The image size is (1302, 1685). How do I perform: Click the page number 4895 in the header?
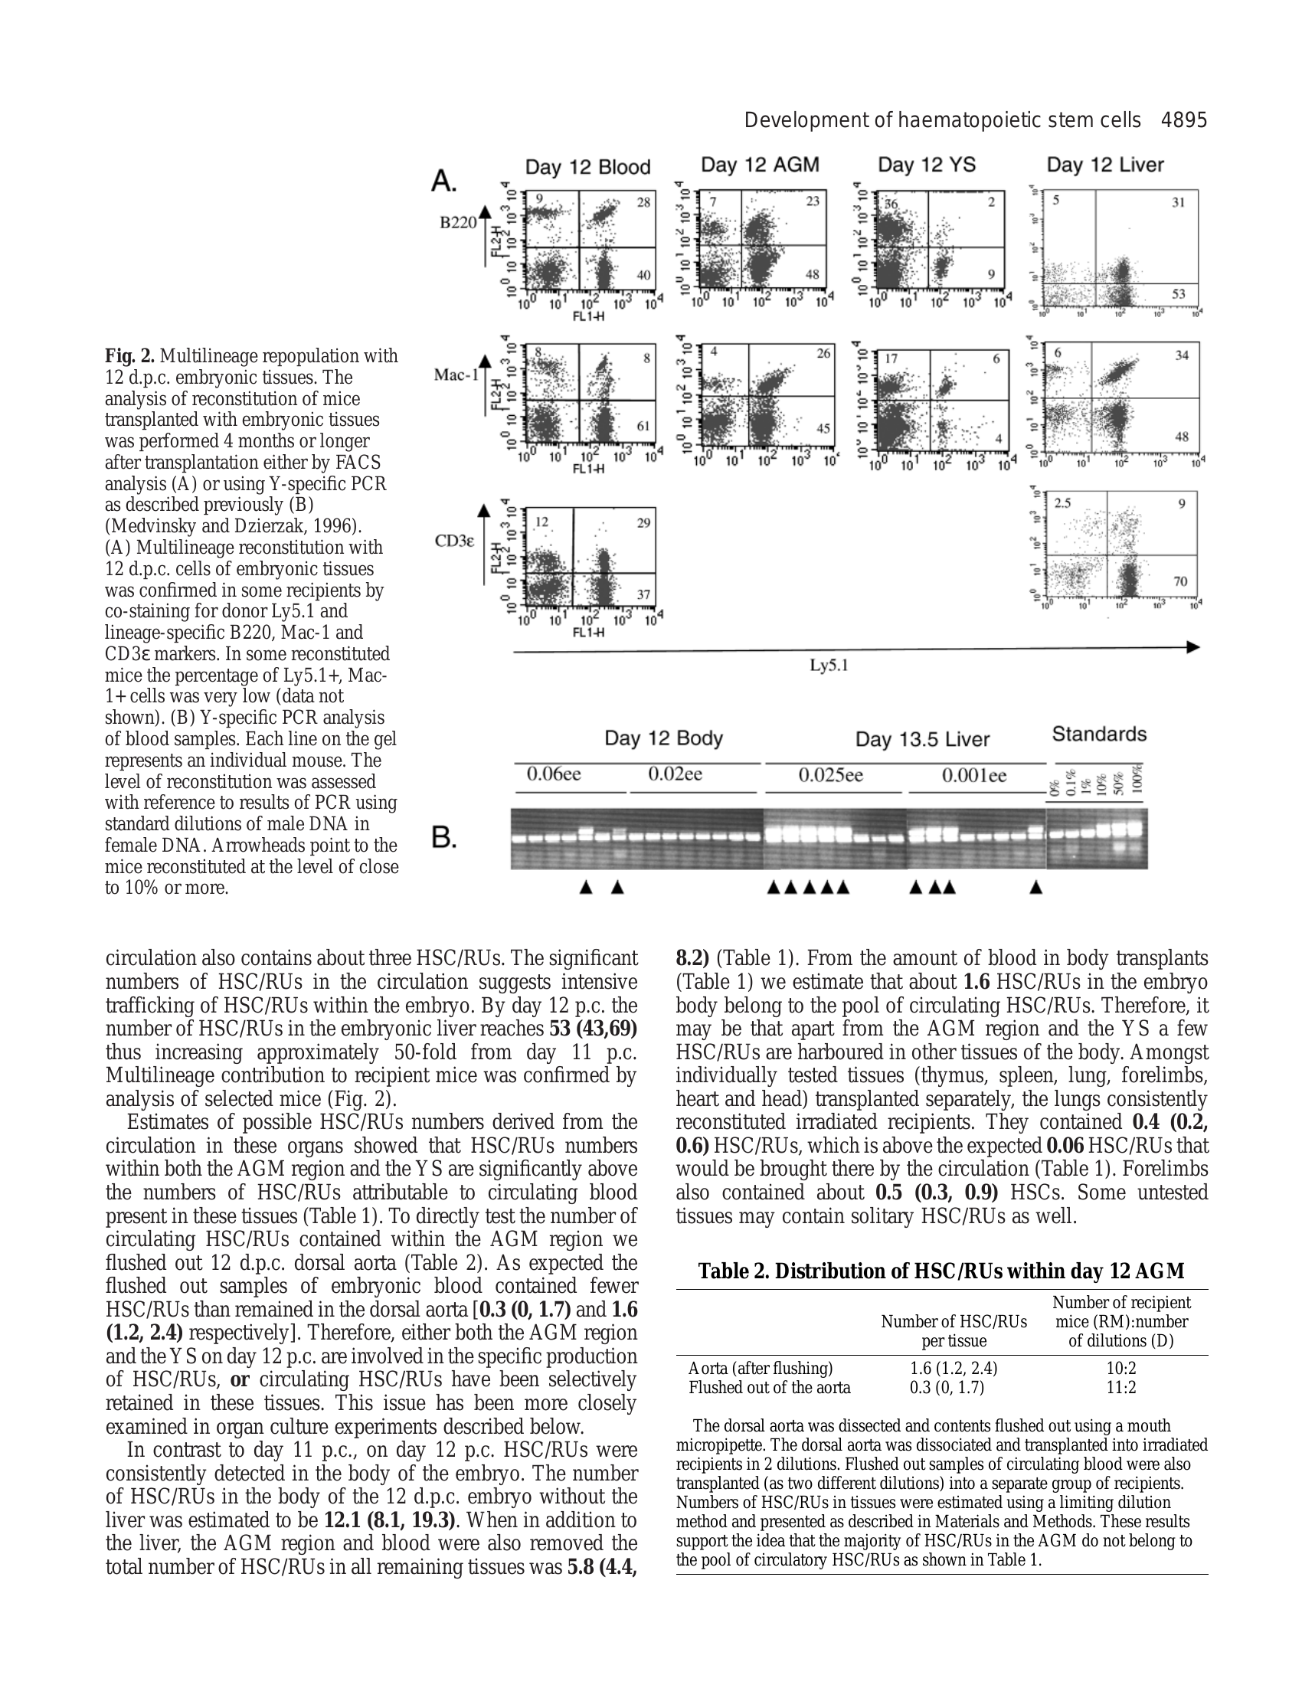pyautogui.click(x=1183, y=120)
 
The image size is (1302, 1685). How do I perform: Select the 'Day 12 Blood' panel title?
pyautogui.click(x=587, y=167)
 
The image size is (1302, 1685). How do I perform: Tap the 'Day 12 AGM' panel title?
pyautogui.click(x=760, y=165)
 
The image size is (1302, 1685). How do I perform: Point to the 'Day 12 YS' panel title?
pyautogui.click(x=927, y=165)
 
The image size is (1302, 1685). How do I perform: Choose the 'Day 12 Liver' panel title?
pyautogui.click(x=1104, y=165)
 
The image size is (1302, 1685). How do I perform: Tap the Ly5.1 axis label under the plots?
pyautogui.click(x=829, y=665)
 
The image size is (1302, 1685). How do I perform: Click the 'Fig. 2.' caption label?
pyautogui.click(x=129, y=356)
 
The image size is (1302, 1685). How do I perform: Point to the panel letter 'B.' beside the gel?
pyautogui.click(x=443, y=838)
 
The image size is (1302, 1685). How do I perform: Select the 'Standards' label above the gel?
pyautogui.click(x=1099, y=734)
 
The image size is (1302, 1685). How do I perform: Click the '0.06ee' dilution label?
pyautogui.click(x=553, y=774)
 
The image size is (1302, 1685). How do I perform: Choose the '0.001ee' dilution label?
pyautogui.click(x=973, y=775)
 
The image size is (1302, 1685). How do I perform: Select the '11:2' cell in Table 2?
pyautogui.click(x=1120, y=1387)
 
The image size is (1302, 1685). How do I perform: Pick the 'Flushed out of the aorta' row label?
pyautogui.click(x=769, y=1387)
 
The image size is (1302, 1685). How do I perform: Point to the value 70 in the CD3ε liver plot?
pyautogui.click(x=1180, y=581)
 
